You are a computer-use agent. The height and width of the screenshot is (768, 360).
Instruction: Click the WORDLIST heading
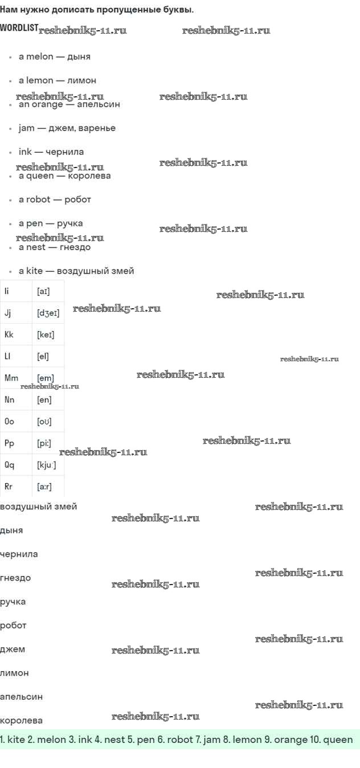pyautogui.click(x=19, y=27)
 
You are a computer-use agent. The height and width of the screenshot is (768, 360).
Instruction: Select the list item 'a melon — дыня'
pyautogui.click(x=54, y=56)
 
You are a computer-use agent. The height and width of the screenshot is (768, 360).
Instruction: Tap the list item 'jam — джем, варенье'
pyautogui.click(x=67, y=128)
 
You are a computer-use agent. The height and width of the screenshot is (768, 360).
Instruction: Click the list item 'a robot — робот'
pyautogui.click(x=55, y=199)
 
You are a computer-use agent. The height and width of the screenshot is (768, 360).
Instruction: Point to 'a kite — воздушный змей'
pyautogui.click(x=76, y=271)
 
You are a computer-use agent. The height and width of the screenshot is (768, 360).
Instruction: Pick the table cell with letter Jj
pyautogui.click(x=8, y=313)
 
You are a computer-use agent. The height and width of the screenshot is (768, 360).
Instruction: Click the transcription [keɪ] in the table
pyautogui.click(x=46, y=334)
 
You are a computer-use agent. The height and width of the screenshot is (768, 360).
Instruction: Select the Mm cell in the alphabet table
pyautogui.click(x=11, y=378)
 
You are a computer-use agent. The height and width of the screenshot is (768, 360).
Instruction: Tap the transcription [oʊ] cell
pyautogui.click(x=44, y=422)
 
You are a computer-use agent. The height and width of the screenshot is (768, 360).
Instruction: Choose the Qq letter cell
pyautogui.click(x=9, y=465)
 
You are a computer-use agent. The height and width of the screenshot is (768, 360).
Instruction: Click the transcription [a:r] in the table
pyautogui.click(x=45, y=487)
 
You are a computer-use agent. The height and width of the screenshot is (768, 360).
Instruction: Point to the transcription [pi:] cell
pyautogui.click(x=44, y=443)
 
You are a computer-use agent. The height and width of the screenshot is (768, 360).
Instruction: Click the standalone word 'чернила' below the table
pyautogui.click(x=19, y=554)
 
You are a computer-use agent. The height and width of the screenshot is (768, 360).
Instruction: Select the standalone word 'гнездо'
pyautogui.click(x=15, y=578)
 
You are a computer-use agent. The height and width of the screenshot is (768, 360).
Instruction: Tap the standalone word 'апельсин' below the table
pyautogui.click(x=21, y=696)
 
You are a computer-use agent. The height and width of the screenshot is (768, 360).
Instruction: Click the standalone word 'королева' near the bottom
pyautogui.click(x=21, y=720)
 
